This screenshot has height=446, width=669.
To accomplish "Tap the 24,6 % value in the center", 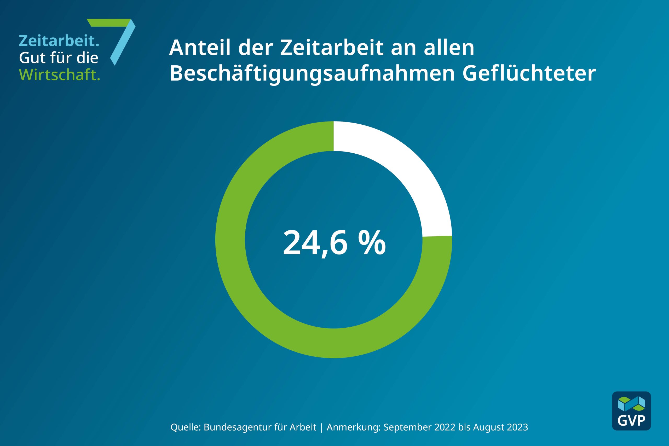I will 334,243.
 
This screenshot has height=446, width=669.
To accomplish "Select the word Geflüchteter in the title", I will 529,73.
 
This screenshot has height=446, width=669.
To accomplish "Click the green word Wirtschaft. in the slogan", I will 59,74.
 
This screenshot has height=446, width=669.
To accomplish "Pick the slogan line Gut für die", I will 59,58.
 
